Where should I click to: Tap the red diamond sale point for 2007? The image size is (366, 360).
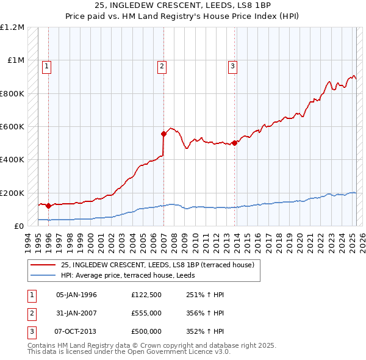pos(163,134)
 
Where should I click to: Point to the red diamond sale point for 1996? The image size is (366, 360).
pos(48,206)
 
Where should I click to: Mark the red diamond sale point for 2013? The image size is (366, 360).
pos(234,143)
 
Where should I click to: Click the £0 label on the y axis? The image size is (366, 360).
pos(18,226)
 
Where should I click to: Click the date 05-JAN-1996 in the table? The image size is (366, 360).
pos(76,295)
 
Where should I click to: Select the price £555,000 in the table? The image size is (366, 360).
pos(146,313)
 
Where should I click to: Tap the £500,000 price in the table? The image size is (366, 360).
pos(146,331)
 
